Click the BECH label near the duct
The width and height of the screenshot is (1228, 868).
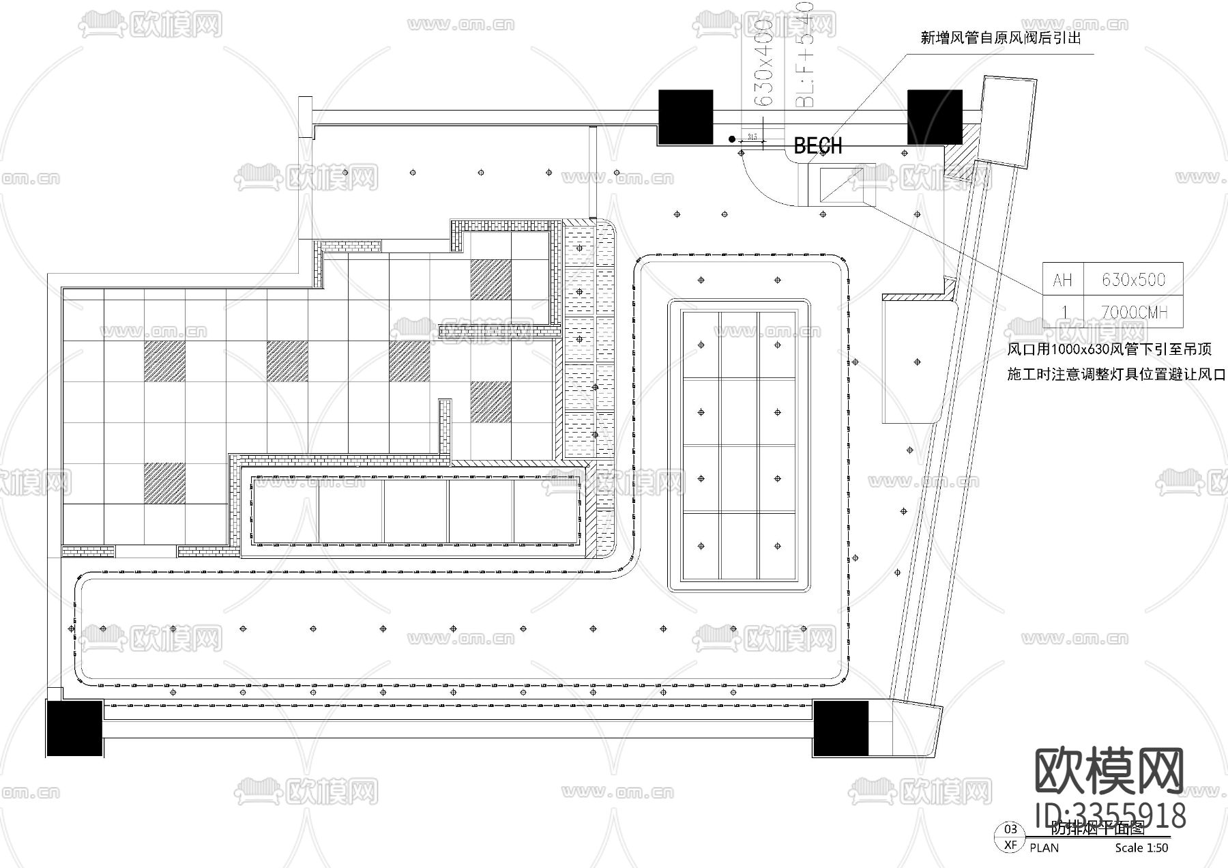(x=817, y=145)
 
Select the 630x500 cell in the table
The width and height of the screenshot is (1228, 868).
(x=1133, y=279)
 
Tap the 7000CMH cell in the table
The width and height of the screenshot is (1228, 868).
(x=1133, y=312)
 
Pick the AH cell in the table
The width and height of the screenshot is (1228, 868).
(x=1062, y=280)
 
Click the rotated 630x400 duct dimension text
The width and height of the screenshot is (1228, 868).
(x=764, y=61)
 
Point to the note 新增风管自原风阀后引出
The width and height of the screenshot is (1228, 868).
(x=1001, y=38)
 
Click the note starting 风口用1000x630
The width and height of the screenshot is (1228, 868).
(x=1109, y=349)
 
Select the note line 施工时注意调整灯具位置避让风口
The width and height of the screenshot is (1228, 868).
(x=1116, y=374)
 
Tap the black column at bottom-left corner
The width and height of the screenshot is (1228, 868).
(x=74, y=727)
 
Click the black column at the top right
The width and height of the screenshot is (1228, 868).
(x=934, y=117)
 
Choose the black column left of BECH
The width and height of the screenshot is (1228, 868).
(x=685, y=117)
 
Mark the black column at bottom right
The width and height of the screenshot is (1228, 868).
(x=841, y=728)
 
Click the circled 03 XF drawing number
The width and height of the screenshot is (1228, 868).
(x=1010, y=837)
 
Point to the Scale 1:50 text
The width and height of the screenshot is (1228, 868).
(x=1141, y=848)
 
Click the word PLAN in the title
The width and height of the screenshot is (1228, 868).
(x=1044, y=848)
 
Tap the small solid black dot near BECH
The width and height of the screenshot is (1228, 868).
(x=732, y=139)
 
